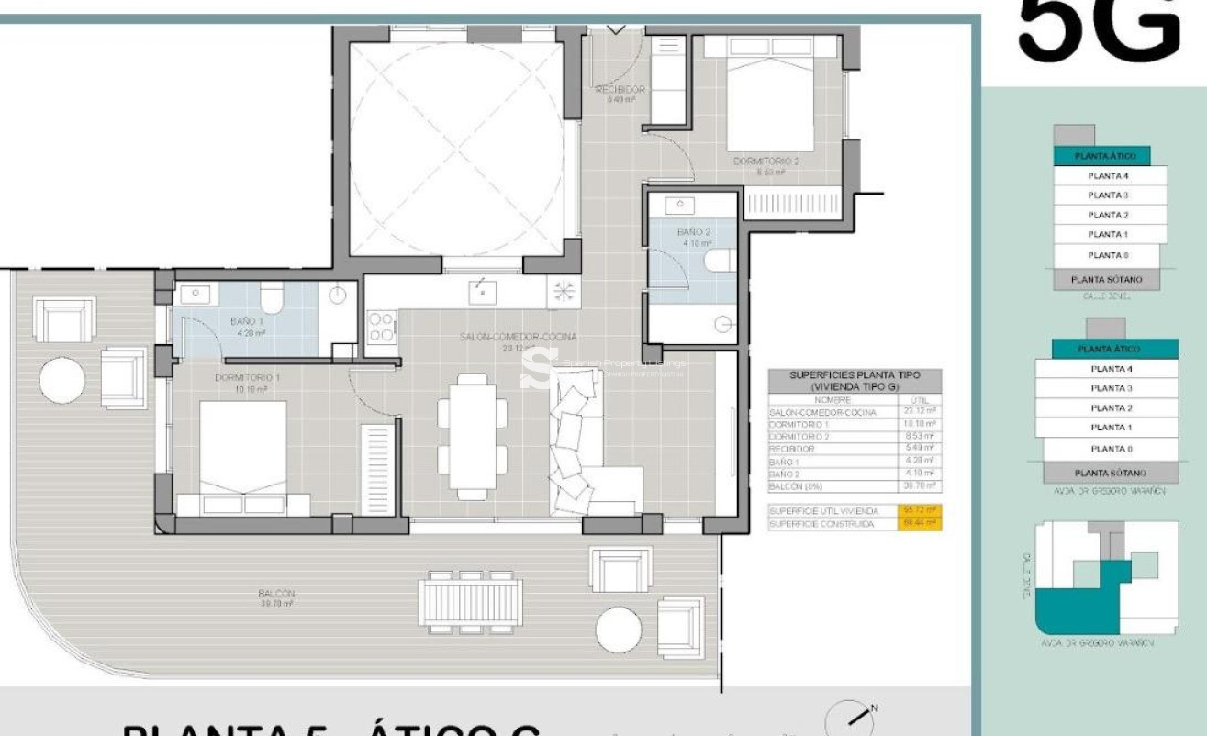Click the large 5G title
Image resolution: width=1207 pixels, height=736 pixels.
[x=1099, y=29]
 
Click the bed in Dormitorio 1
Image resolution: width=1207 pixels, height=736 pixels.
[x=243, y=456]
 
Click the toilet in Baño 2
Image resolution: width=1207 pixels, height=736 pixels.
[x=720, y=261]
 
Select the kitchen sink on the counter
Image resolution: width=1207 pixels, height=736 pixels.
[x=483, y=292]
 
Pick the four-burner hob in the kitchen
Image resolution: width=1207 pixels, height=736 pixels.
[x=382, y=328]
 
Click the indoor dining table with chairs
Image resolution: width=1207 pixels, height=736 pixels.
[x=473, y=436]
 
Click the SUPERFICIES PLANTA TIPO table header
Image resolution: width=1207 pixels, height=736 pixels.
[x=855, y=381]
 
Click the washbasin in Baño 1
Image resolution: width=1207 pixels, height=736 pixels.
[x=196, y=295]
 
